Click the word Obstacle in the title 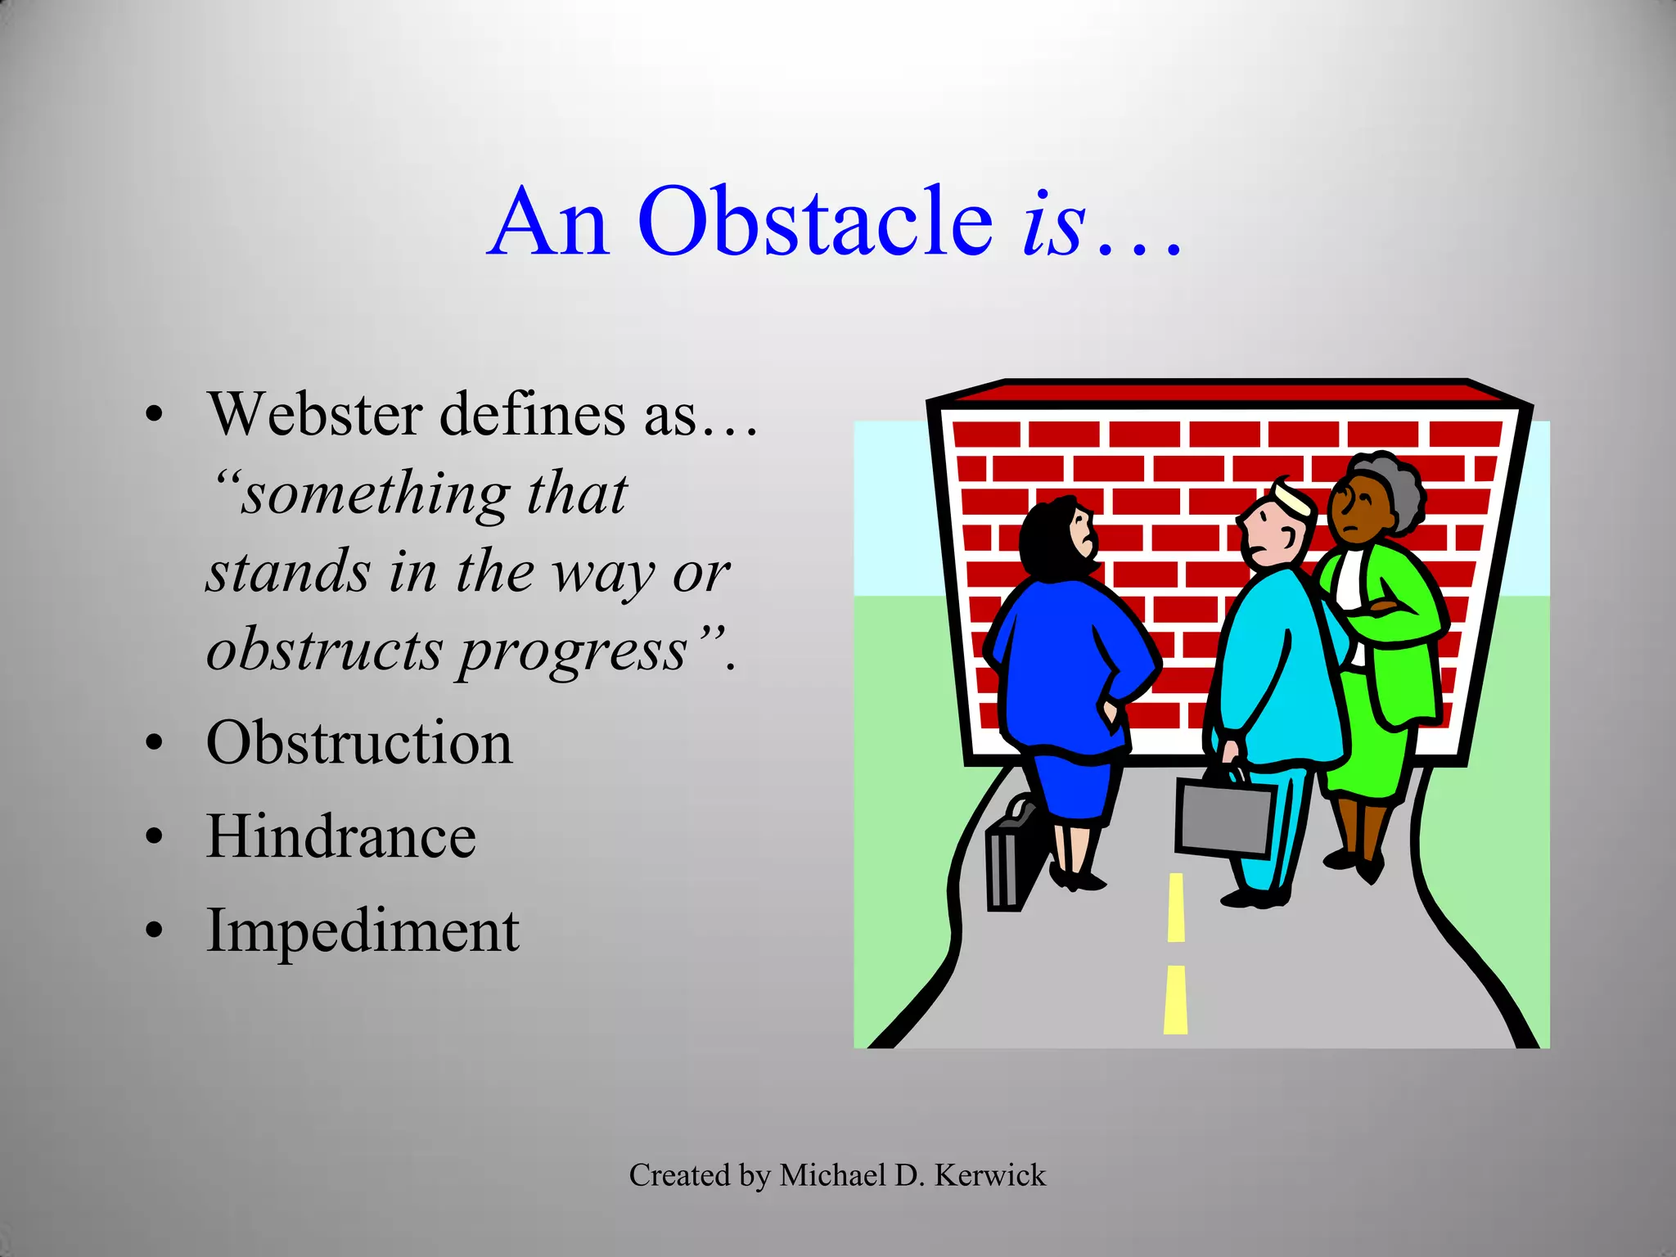tap(814, 222)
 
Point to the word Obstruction tap(359, 743)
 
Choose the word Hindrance tap(340, 837)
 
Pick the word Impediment tap(363, 931)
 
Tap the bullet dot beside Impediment tap(154, 931)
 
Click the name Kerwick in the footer tap(989, 1175)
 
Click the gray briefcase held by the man tap(1223, 815)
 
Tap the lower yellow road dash tap(1175, 999)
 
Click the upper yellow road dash tap(1176, 907)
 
